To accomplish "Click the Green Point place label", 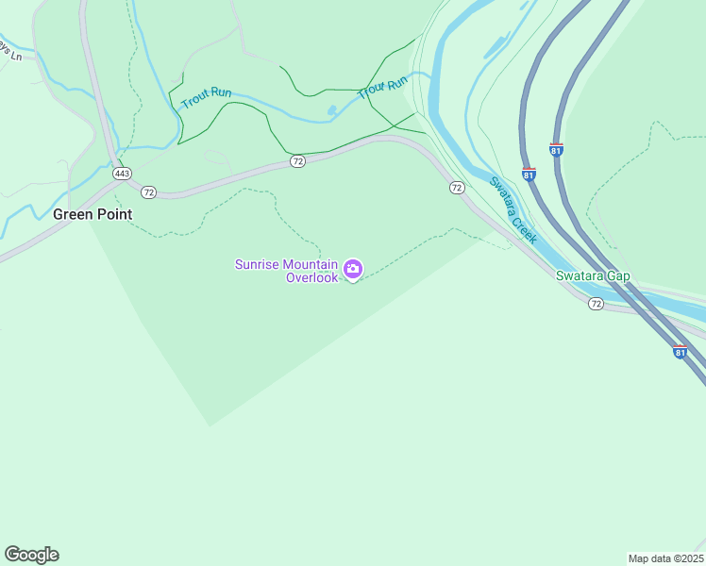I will tap(92, 214).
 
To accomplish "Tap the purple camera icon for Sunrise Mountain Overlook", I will tap(353, 270).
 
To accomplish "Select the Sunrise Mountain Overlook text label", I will tap(286, 271).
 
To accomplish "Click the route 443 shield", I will tap(121, 174).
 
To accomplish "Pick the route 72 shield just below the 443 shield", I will tap(148, 192).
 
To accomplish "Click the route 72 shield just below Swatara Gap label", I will tap(596, 304).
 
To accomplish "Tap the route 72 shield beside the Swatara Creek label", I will tap(457, 189).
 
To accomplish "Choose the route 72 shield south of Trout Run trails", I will tap(297, 161).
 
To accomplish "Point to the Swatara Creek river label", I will tap(513, 209).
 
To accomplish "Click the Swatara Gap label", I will tap(592, 275).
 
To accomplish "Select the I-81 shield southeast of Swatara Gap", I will tap(681, 352).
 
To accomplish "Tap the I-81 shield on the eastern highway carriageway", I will tap(556, 150).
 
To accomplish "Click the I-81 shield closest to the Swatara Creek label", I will tap(529, 175).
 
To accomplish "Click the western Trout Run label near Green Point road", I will tap(207, 96).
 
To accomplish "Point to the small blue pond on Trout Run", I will tap(331, 110).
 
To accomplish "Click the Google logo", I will tap(31, 555).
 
